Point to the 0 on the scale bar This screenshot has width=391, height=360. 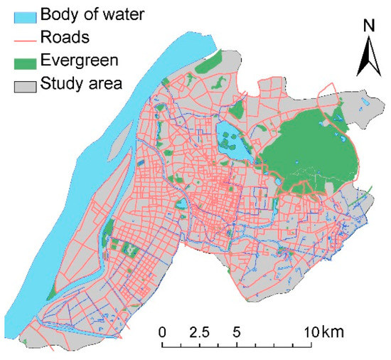163,332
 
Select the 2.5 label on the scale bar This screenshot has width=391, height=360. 199,332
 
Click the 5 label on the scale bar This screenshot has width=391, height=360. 237,332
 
